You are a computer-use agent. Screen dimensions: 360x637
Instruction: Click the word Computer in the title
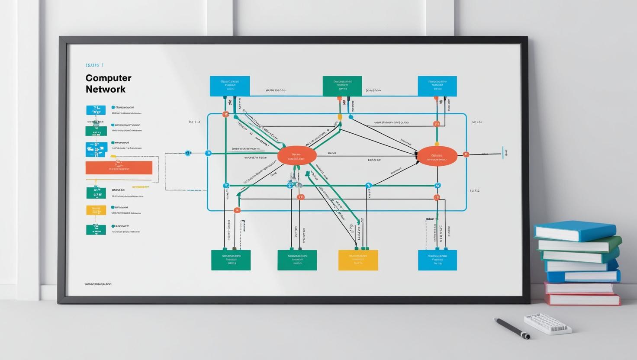[x=108, y=78]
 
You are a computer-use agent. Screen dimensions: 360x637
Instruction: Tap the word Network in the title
[x=105, y=89]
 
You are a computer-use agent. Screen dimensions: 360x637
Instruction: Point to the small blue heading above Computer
[x=95, y=65]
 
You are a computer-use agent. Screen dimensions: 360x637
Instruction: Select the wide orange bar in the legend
[x=119, y=167]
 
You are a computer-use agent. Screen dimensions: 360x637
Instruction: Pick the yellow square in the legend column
[x=96, y=210]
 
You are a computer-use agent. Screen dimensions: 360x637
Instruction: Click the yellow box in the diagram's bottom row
[x=358, y=260]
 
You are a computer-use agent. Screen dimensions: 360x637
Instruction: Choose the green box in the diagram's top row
[x=342, y=86]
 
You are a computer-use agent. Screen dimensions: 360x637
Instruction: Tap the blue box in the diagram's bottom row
[x=437, y=260]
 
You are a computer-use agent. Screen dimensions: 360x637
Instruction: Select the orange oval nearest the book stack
[x=437, y=156]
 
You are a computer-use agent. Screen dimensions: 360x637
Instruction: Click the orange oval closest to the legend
[x=296, y=156]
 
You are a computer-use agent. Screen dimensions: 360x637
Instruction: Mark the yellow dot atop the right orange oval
[x=437, y=144]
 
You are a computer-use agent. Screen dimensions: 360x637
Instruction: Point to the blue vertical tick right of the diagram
[x=503, y=153]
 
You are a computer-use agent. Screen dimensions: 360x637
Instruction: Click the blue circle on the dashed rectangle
[x=188, y=153]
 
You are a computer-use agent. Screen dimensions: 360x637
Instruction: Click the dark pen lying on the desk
[x=511, y=328]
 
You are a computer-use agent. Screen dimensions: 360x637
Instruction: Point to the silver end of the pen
[x=525, y=336]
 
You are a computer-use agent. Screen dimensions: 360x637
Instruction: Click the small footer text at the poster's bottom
[x=98, y=284]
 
